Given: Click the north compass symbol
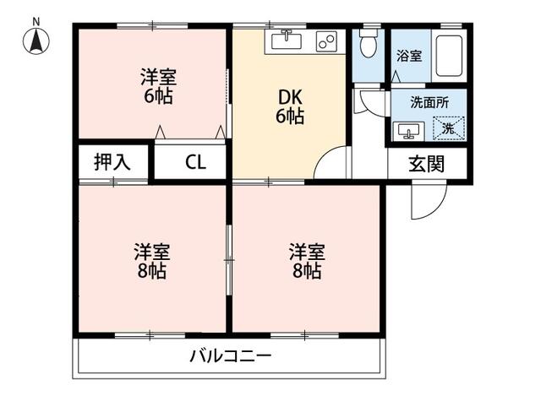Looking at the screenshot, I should (x=36, y=40).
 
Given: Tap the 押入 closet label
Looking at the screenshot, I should (x=112, y=162).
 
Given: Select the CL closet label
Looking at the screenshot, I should (x=194, y=163).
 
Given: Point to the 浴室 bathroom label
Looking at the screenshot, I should (x=410, y=56).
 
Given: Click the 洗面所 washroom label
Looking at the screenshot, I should (x=429, y=101).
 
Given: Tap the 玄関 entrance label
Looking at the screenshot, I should (x=427, y=165).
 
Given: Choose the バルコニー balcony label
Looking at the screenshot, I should (x=230, y=355).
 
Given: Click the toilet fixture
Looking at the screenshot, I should (x=368, y=43).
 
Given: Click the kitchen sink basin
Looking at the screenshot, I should (x=287, y=40).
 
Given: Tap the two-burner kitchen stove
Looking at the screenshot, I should (x=326, y=41).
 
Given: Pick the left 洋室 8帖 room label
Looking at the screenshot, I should (x=151, y=261).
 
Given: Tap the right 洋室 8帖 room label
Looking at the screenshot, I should (x=306, y=261).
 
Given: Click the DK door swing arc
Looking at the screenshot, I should (x=332, y=162).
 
